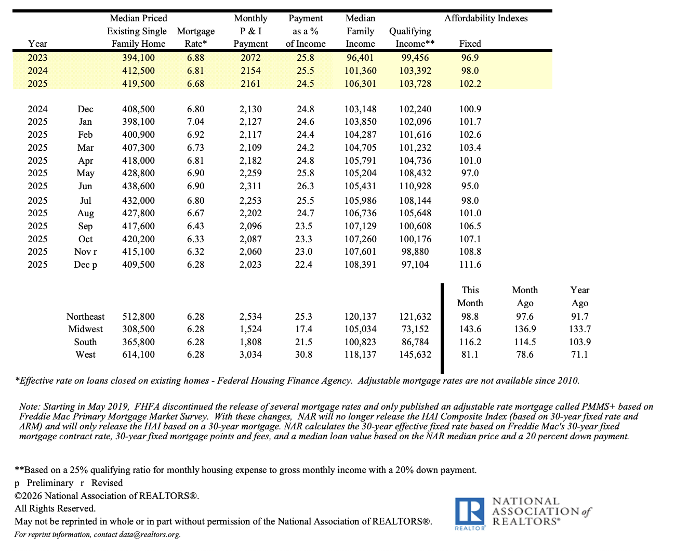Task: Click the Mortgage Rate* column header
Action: (x=195, y=37)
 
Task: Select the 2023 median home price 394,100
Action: (x=138, y=58)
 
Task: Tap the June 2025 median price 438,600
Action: (x=138, y=186)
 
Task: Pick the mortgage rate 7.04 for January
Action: (x=195, y=122)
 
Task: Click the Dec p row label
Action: (x=85, y=265)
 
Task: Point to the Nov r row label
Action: (x=85, y=252)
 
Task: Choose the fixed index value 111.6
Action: (x=470, y=265)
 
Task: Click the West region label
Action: (x=85, y=355)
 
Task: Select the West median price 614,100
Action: (x=138, y=355)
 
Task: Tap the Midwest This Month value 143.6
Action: (x=470, y=329)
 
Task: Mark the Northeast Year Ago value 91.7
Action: (x=579, y=317)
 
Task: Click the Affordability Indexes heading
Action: (x=485, y=18)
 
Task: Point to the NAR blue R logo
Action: (x=470, y=511)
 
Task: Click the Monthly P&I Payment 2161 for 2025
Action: (x=250, y=84)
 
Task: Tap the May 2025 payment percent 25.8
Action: (x=305, y=173)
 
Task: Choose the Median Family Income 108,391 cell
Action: (x=360, y=265)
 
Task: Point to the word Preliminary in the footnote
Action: (x=50, y=483)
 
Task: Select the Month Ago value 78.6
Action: (x=524, y=355)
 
